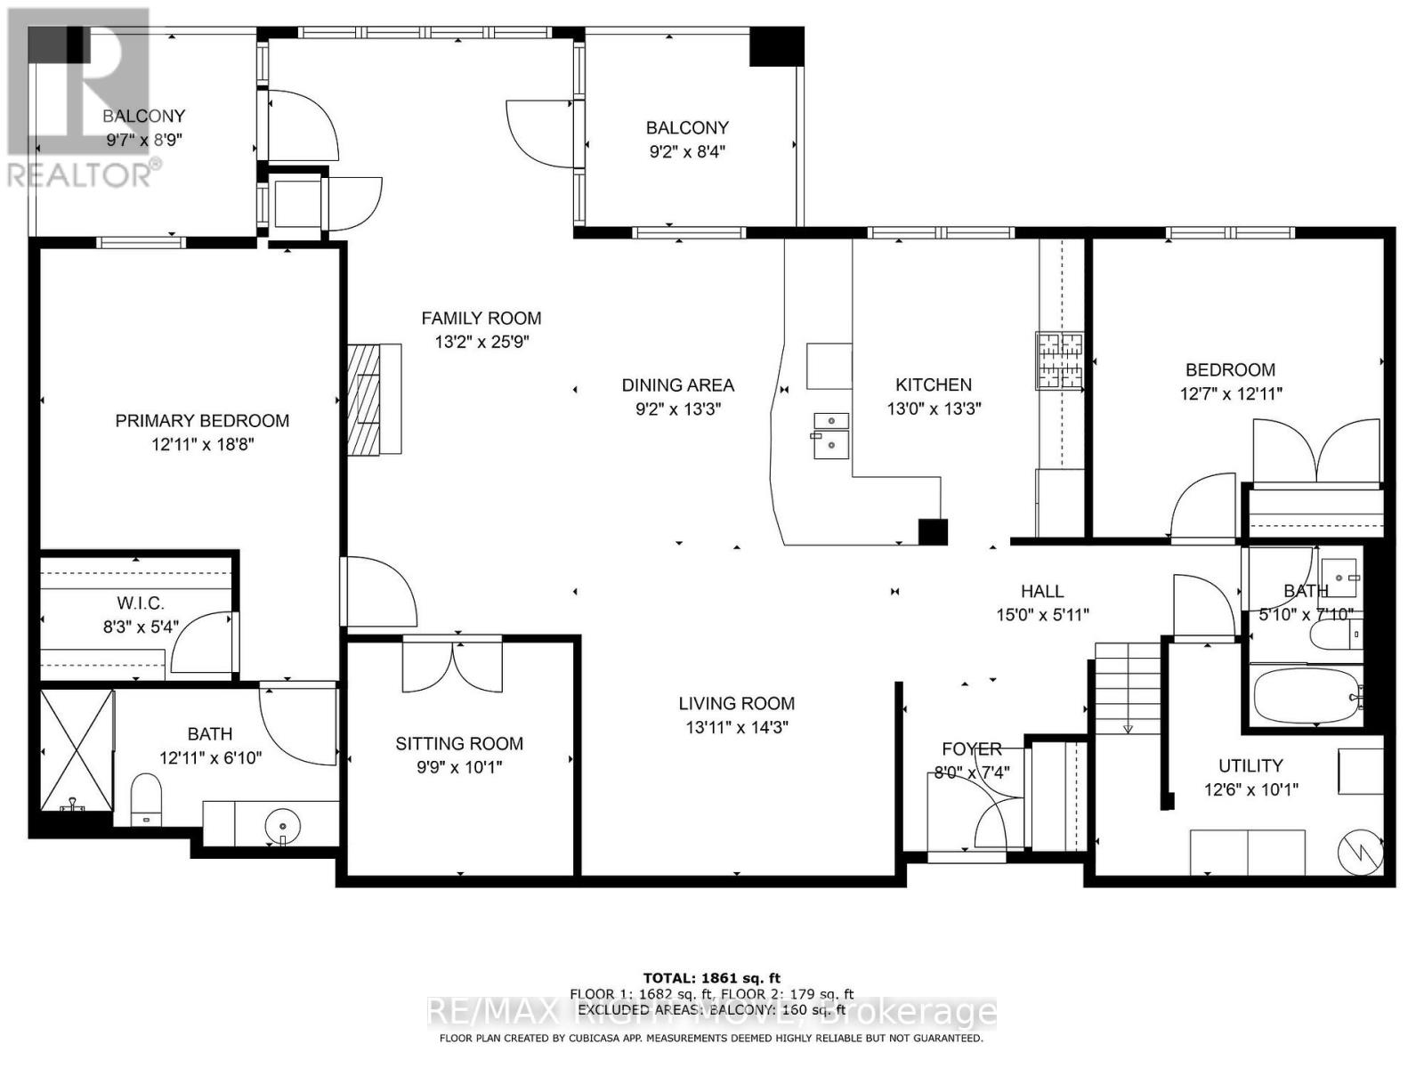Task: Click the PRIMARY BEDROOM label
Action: click(x=202, y=421)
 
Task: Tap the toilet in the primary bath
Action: click(x=146, y=797)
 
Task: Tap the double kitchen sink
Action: click(x=830, y=433)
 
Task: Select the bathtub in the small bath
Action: click(x=1307, y=697)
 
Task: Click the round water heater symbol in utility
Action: click(x=1361, y=852)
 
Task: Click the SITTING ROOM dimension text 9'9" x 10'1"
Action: click(x=459, y=766)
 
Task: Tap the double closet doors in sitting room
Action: click(x=453, y=667)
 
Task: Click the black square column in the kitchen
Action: click(x=933, y=531)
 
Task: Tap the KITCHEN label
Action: click(x=933, y=384)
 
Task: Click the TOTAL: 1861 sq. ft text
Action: click(x=711, y=978)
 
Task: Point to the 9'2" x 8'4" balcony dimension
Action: click(x=686, y=151)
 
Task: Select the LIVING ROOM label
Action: click(x=736, y=703)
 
